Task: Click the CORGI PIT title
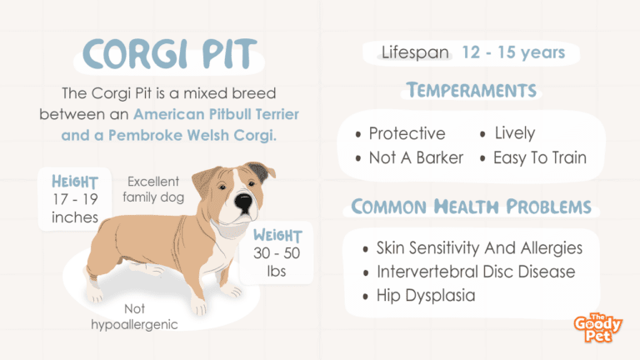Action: coord(169,53)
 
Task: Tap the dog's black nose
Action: coord(243,202)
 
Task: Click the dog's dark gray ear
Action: coord(258,172)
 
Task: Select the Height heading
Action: coord(75,182)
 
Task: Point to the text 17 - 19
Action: coord(75,199)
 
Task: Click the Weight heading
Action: coord(277,235)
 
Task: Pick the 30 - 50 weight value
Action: coord(277,253)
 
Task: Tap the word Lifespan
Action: coord(415,52)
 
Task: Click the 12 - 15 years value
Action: coord(513,52)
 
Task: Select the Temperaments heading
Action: coord(472,90)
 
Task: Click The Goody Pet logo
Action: coord(598,327)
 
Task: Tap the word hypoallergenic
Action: coord(134,325)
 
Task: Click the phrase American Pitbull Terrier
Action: coord(217,114)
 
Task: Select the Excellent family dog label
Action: coord(153,189)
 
